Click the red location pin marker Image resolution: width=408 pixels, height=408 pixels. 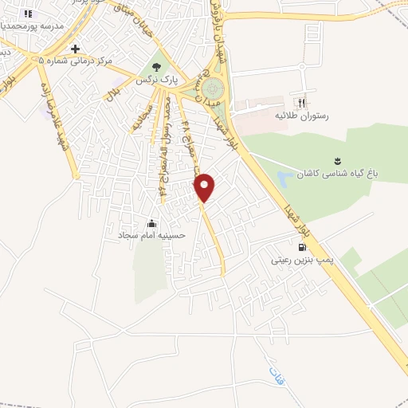point(206,187)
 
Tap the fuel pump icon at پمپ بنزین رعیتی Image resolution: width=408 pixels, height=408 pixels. point(300,246)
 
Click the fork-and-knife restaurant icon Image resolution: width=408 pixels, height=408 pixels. point(300,102)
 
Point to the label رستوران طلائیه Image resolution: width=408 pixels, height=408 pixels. point(302,116)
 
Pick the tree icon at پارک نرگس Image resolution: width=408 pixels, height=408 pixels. point(157,68)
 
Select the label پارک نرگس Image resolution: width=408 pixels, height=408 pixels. point(157,81)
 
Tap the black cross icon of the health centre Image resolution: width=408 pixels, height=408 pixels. point(75,49)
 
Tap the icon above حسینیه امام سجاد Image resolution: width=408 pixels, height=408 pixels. point(151,223)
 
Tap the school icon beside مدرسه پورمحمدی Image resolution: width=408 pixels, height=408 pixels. point(29,14)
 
